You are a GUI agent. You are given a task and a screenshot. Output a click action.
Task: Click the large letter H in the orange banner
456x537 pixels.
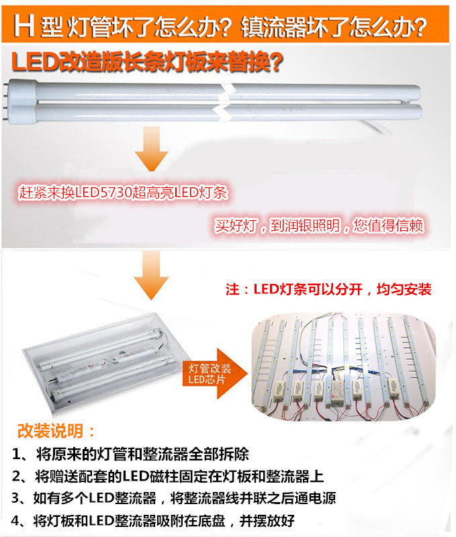coord(24,26)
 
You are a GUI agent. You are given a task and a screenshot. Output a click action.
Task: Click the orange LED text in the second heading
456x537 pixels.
coord(35,62)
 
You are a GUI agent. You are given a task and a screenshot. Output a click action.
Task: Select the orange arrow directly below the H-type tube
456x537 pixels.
coord(151,148)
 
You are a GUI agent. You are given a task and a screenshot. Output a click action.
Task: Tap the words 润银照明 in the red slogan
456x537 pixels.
coord(305,226)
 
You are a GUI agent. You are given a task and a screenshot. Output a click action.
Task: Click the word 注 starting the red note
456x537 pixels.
coord(232,289)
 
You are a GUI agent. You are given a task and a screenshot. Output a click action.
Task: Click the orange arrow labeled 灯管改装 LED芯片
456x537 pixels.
coord(215,374)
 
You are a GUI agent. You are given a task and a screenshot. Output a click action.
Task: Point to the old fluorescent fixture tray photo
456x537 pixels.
coord(100,362)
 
